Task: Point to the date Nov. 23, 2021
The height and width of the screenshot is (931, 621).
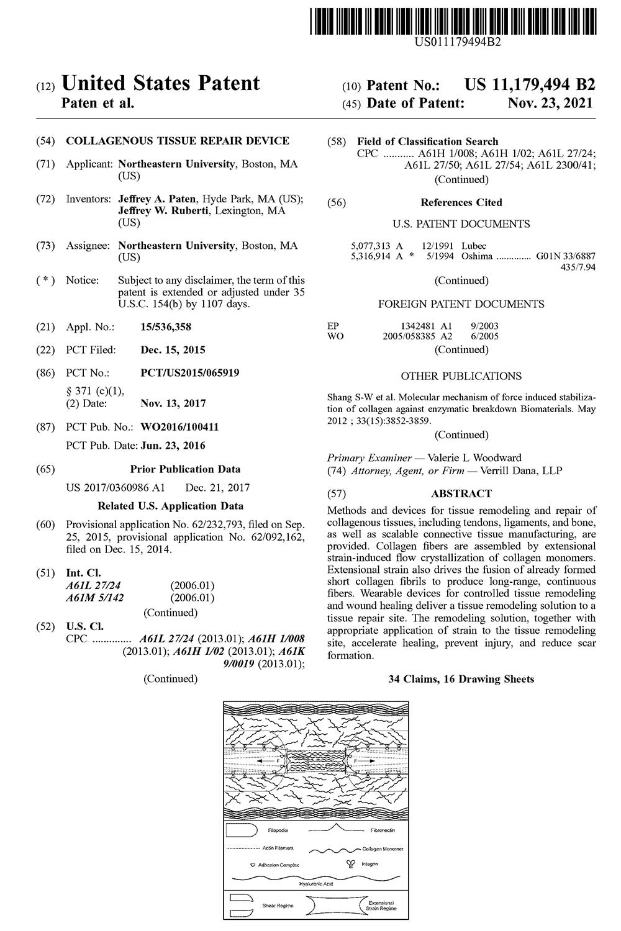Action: (550, 103)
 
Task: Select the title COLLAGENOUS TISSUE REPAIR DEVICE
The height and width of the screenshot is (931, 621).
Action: (178, 141)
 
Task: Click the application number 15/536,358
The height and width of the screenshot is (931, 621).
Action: (166, 327)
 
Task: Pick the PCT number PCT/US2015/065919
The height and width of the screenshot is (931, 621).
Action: (190, 373)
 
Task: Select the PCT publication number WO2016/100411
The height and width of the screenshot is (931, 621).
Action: (179, 427)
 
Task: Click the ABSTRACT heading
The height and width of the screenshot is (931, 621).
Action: (461, 494)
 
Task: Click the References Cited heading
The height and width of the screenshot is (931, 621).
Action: (461, 202)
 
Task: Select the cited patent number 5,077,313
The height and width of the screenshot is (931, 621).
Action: (368, 246)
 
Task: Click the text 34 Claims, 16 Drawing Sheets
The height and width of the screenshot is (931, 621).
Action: (461, 679)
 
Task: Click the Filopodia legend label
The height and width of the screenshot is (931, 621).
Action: (278, 829)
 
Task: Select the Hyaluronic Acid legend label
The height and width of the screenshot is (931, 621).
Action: (316, 883)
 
